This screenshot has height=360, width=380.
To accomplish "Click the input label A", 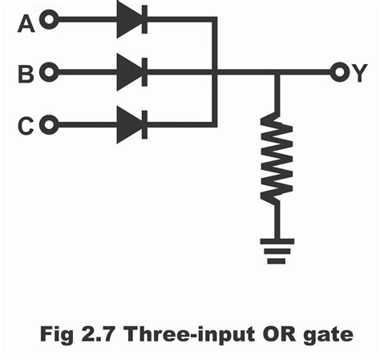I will [26, 24].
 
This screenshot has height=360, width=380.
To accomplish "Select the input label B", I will [26, 75].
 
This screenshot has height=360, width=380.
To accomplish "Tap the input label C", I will [26, 126].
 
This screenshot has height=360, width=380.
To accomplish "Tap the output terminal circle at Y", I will [339, 73].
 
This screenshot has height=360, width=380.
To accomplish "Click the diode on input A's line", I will [131, 20].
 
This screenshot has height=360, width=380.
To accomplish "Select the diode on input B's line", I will [131, 73].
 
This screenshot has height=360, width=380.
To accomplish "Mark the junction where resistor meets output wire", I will [277, 73].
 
